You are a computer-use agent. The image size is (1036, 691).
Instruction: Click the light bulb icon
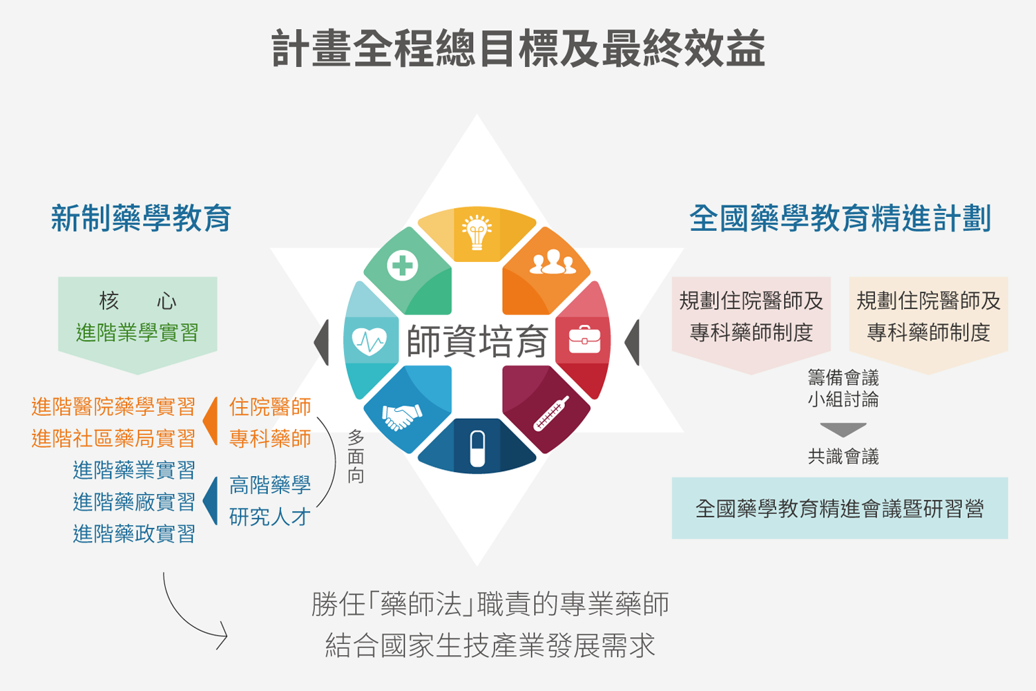(x=477, y=232)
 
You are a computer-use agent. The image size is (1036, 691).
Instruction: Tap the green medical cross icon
(x=402, y=265)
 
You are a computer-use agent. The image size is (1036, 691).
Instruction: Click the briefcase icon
(x=584, y=339)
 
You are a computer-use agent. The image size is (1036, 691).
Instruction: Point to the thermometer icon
(x=551, y=413)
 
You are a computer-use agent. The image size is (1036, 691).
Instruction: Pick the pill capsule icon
(x=477, y=448)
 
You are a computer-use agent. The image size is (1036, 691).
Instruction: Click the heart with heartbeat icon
(x=369, y=341)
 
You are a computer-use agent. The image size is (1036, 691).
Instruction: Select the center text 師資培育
(x=477, y=341)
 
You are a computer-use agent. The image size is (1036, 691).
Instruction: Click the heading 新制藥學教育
(x=141, y=218)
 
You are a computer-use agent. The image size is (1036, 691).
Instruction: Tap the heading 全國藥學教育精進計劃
(x=840, y=218)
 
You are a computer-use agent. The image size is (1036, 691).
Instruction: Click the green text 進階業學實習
(x=137, y=332)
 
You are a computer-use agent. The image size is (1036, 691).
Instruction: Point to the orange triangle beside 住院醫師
(x=211, y=421)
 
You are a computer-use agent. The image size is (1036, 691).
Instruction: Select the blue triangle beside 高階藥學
(x=211, y=501)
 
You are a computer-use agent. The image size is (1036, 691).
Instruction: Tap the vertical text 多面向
(x=356, y=456)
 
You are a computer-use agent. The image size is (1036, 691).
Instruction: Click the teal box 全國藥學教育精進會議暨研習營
(x=840, y=508)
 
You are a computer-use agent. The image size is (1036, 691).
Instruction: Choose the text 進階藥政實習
(x=134, y=533)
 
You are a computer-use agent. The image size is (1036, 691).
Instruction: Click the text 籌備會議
(x=843, y=378)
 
